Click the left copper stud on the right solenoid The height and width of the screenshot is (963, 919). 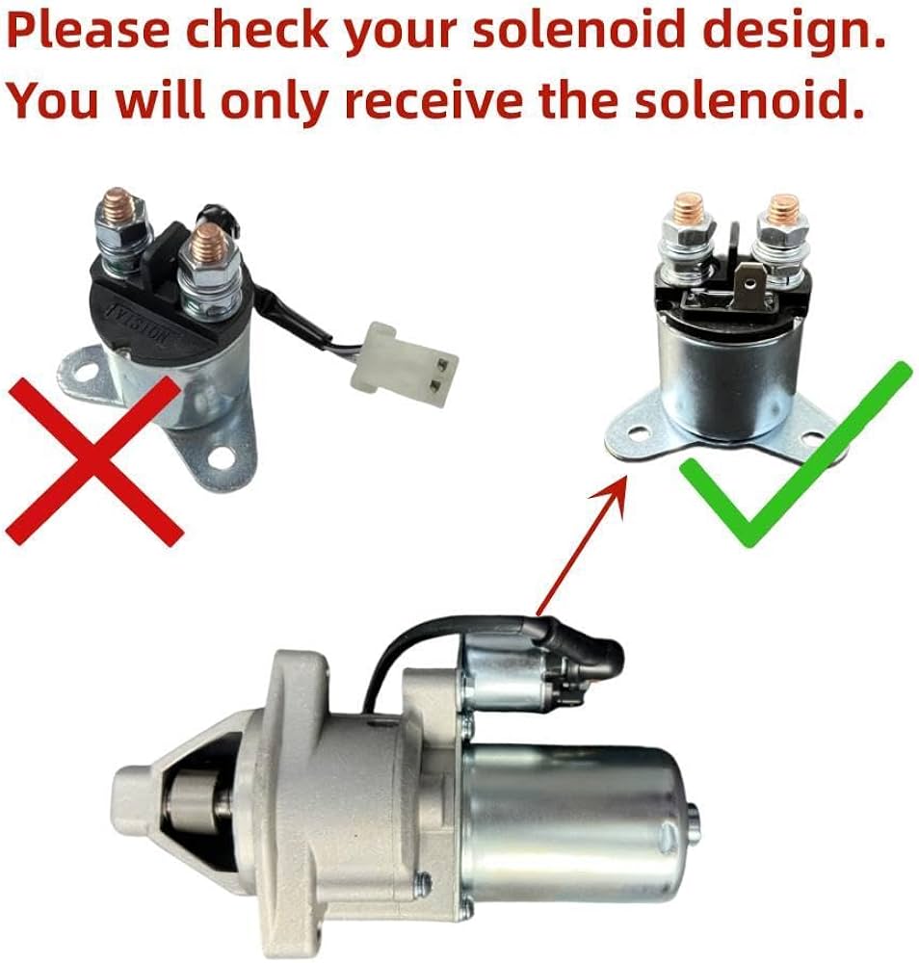point(688,206)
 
